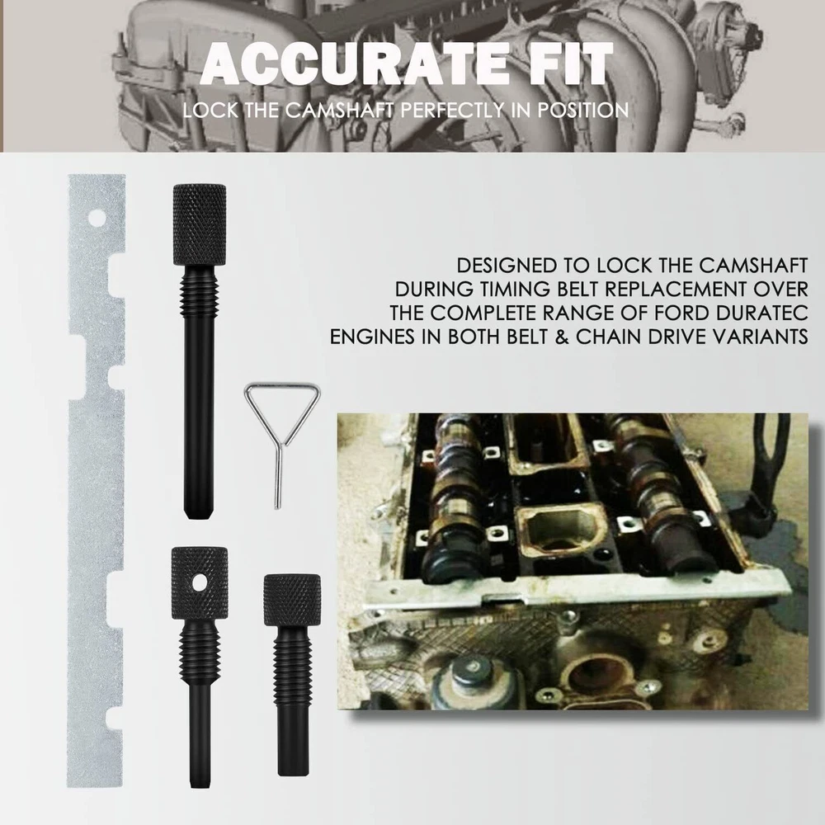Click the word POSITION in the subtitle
(x=583, y=111)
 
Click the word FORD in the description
(x=686, y=313)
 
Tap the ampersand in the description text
(x=561, y=337)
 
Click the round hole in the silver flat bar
(x=97, y=217)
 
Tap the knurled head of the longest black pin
(x=200, y=224)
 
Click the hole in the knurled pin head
(x=200, y=582)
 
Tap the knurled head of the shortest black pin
(x=292, y=600)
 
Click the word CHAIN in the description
(x=606, y=337)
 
